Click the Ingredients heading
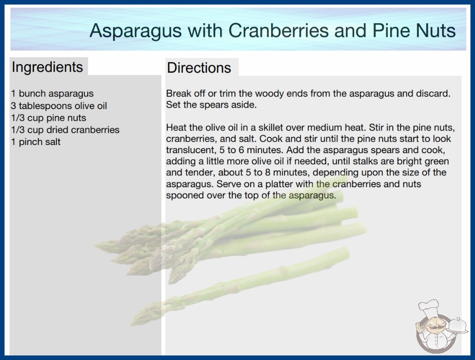[x=47, y=67]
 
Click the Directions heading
[x=199, y=68]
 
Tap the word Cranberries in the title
[x=278, y=30]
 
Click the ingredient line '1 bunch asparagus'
[x=52, y=94]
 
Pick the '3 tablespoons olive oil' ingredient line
[x=59, y=105]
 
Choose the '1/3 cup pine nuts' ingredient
[x=49, y=118]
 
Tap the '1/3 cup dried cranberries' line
[x=65, y=130]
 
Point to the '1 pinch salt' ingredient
[x=36, y=142]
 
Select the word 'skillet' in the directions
[x=271, y=127]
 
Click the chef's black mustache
[x=434, y=328]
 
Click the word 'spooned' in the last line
[x=185, y=195]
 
